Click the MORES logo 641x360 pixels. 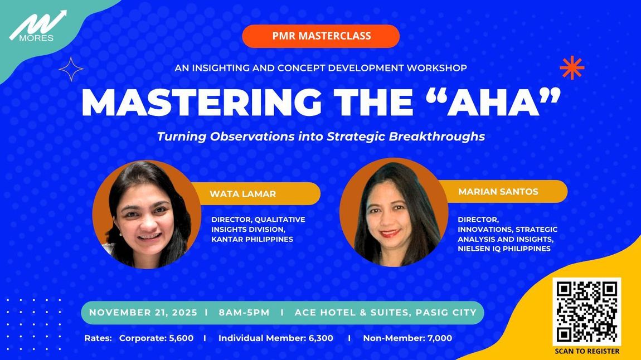(37, 26)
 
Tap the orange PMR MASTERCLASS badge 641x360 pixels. (321, 36)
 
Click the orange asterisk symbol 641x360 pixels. (572, 67)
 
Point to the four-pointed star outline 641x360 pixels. (71, 69)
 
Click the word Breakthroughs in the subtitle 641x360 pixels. (436, 136)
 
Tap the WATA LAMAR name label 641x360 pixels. (243, 194)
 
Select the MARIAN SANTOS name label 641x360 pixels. (498, 192)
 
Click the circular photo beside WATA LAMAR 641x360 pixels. (147, 215)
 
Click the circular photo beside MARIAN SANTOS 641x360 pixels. (394, 212)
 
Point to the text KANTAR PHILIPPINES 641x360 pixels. (252, 239)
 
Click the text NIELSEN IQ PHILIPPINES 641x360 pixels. (504, 249)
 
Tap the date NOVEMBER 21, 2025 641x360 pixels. (143, 313)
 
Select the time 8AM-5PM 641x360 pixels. (244, 313)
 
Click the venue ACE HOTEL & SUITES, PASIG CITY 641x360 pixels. (386, 313)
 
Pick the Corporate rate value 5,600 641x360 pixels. (181, 338)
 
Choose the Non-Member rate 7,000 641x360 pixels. (440, 338)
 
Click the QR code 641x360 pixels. (586, 312)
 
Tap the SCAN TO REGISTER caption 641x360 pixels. (587, 351)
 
